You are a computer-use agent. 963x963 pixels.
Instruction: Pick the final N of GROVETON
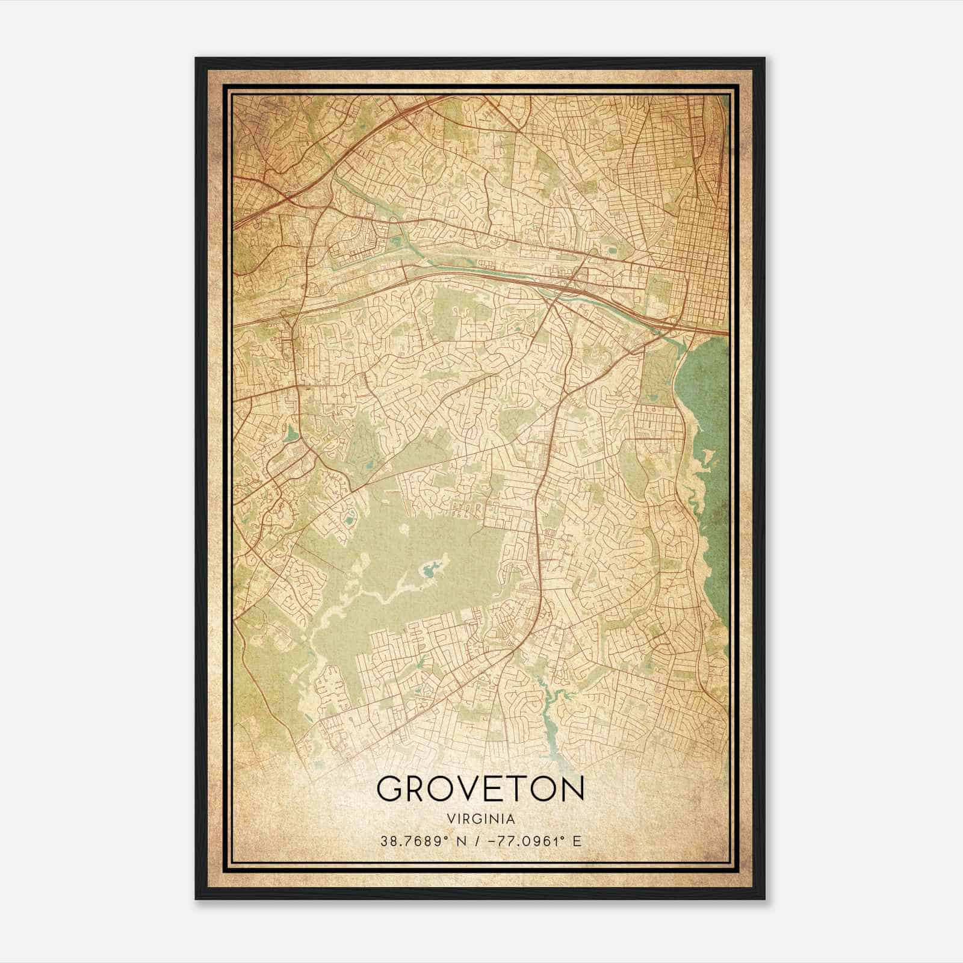(x=572, y=788)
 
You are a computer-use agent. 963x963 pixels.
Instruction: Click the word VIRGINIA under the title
(x=480, y=819)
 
